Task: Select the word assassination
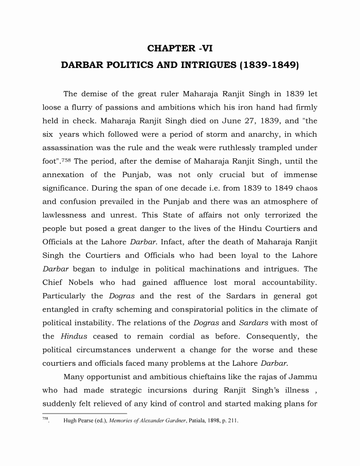point(68,148)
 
